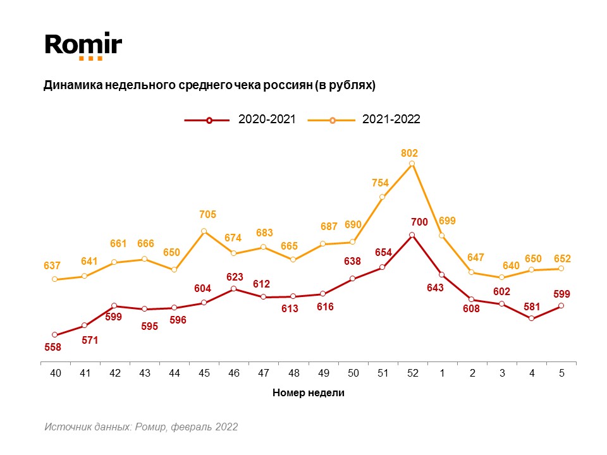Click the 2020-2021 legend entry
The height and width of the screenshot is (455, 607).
click(240, 119)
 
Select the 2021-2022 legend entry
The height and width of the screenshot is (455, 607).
click(364, 119)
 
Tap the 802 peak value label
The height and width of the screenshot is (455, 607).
click(410, 153)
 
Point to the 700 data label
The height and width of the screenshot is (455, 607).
click(419, 222)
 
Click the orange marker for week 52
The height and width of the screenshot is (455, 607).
click(412, 164)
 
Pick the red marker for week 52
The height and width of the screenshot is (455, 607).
click(412, 235)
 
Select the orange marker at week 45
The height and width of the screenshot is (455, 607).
click(204, 231)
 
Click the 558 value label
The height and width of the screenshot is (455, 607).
click(53, 348)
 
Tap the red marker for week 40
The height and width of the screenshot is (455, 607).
click(55, 334)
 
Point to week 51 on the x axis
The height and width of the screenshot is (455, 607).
click(383, 373)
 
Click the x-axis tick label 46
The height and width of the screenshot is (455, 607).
click(234, 373)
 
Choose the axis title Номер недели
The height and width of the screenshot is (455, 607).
click(309, 392)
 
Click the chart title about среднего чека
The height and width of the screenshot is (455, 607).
click(209, 85)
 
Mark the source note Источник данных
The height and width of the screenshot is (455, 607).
click(141, 427)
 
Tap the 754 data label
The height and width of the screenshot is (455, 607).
click(379, 183)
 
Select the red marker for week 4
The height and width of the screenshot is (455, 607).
click(531, 318)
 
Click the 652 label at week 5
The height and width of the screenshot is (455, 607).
click(562, 258)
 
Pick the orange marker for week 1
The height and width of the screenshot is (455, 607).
click(442, 236)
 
